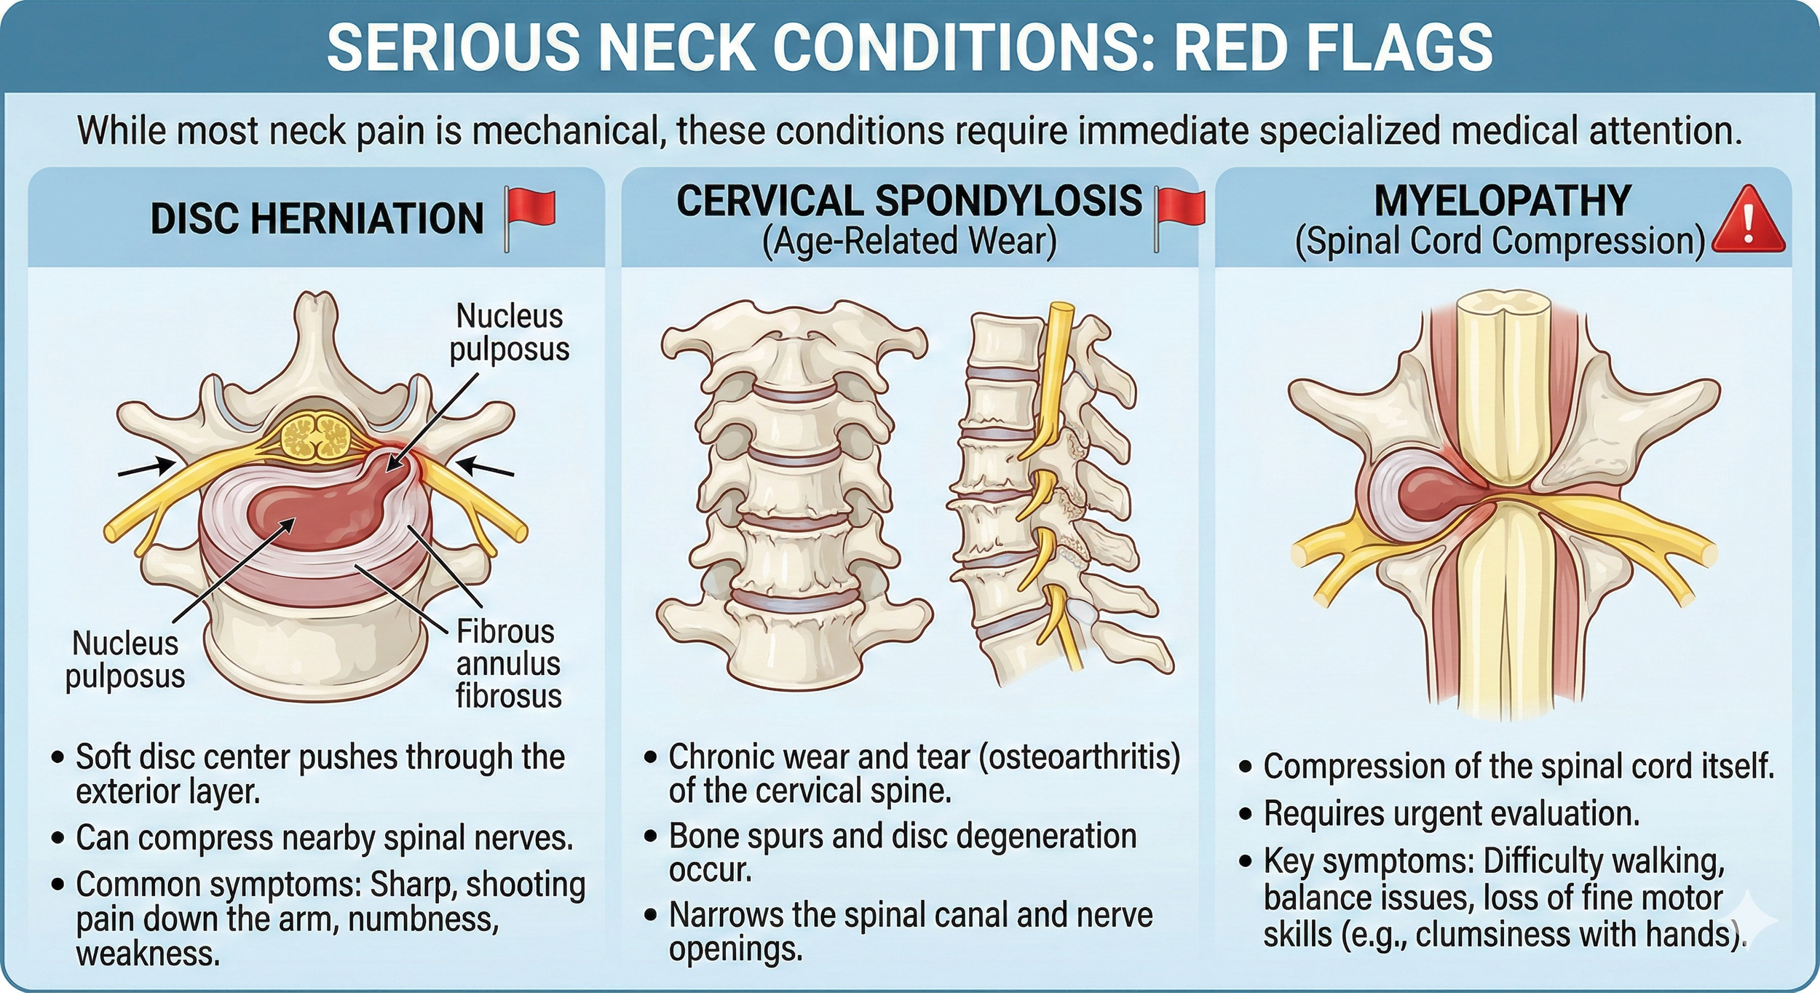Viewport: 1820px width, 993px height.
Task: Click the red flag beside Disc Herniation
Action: point(531,211)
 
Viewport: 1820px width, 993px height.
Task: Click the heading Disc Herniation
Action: point(317,218)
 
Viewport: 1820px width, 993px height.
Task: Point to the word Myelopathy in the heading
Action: point(1502,201)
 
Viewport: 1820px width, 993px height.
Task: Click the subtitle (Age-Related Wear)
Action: point(909,241)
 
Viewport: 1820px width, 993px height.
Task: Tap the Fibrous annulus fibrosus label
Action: point(508,663)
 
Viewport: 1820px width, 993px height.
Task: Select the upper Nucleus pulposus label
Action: point(509,333)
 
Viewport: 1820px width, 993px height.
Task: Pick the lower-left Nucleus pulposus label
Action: point(125,660)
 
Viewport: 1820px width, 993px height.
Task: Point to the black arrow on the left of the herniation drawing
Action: point(146,467)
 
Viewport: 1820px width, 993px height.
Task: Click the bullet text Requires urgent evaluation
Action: point(1451,814)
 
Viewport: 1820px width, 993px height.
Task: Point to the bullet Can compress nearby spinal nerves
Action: point(324,838)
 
